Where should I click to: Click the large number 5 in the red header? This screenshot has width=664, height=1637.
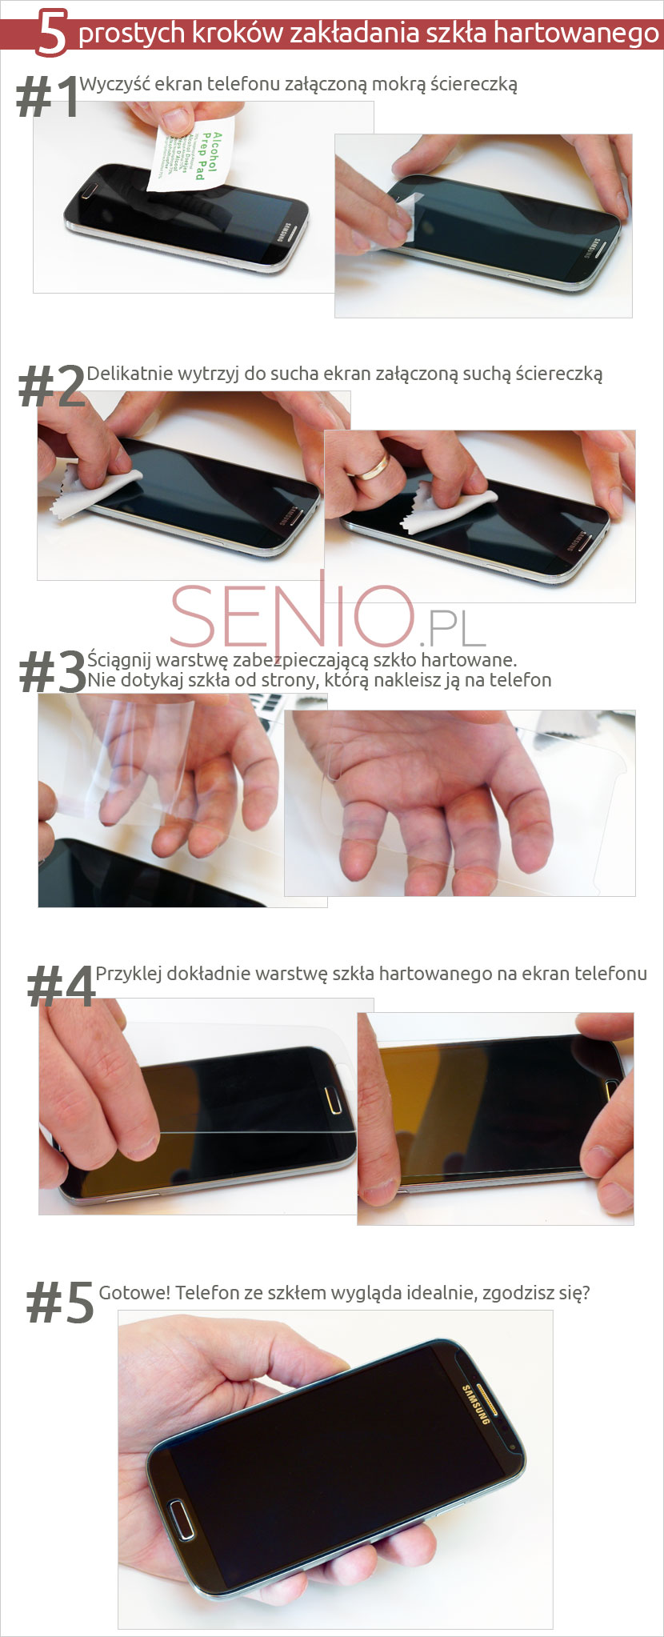click(x=51, y=34)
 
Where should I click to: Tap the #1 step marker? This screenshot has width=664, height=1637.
click(x=47, y=99)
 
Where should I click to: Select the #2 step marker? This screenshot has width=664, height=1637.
click(x=51, y=387)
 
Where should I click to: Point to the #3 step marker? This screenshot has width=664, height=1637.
click(x=51, y=671)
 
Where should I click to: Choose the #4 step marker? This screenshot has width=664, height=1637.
click(x=60, y=985)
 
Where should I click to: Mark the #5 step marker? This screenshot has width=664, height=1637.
click(x=59, y=1302)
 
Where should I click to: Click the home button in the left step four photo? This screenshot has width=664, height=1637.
click(x=334, y=1103)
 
